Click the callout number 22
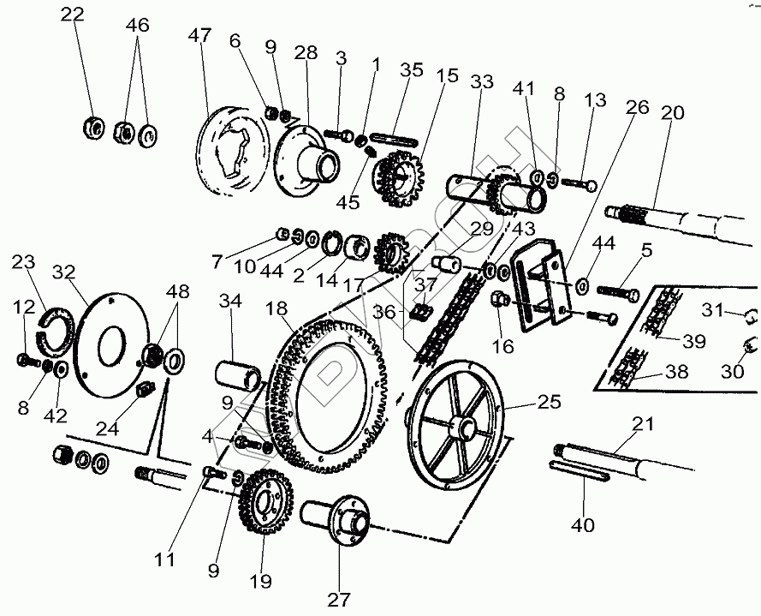coord(73,15)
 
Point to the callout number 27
coord(339,599)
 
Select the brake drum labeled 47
coord(224,156)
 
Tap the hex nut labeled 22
coord(90,129)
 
